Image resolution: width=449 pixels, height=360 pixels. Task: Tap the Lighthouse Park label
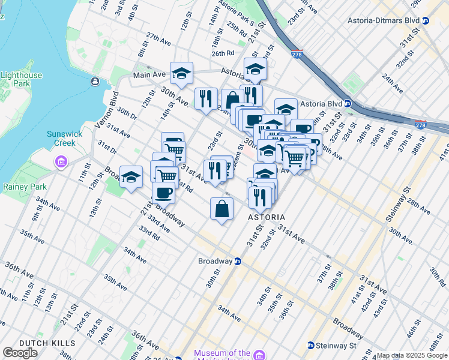(22, 79)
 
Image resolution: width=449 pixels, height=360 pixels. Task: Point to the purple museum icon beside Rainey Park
(60, 161)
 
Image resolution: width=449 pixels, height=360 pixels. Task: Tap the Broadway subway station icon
(238, 261)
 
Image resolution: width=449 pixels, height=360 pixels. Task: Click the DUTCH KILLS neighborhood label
(47, 343)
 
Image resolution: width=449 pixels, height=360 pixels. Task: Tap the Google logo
(20, 352)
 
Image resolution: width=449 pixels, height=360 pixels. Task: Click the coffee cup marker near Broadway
(163, 193)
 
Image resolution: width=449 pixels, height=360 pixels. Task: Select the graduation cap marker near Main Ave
(181, 73)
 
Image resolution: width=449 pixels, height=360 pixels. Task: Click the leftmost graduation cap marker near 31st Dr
(131, 177)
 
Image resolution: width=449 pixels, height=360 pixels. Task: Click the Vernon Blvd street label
(106, 109)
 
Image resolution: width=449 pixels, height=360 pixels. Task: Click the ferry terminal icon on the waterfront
(94, 81)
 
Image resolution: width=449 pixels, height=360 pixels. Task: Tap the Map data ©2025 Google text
(412, 355)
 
